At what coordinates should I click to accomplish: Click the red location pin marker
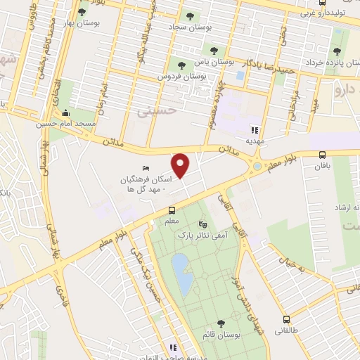(x=181, y=166)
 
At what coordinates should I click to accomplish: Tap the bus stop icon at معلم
(x=172, y=210)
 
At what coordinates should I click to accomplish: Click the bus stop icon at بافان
(x=322, y=155)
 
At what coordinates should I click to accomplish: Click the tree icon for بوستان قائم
(x=221, y=323)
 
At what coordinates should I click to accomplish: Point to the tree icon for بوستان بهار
(x=82, y=11)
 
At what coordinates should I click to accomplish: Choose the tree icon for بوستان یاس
(x=214, y=51)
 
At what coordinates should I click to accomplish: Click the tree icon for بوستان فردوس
(x=181, y=65)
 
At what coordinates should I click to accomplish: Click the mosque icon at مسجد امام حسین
(x=66, y=112)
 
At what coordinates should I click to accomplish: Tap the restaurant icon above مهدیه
(x=255, y=130)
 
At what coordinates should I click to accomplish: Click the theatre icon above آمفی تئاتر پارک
(x=203, y=225)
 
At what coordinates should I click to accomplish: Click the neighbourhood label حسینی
(x=154, y=109)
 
